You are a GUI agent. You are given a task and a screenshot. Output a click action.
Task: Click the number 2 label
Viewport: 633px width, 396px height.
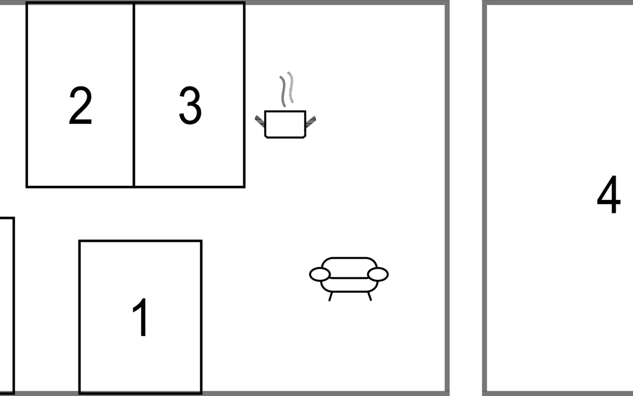80,106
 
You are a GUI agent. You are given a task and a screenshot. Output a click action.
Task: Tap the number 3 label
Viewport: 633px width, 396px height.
190,106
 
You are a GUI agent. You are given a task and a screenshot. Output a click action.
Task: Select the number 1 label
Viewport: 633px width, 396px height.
140,317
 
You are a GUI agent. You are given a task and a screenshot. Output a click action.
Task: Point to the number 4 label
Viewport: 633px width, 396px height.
609,194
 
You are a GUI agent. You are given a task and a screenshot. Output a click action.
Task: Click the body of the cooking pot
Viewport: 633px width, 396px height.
285,124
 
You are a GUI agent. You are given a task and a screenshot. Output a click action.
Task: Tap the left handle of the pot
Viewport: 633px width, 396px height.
260,121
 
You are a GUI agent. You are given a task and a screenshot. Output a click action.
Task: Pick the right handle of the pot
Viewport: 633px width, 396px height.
311,121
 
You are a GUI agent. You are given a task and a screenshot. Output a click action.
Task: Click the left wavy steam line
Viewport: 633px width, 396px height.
283,91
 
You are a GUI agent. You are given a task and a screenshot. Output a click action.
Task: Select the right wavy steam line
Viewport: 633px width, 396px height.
290,87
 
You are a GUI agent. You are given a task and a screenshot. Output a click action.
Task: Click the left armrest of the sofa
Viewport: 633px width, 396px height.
319,275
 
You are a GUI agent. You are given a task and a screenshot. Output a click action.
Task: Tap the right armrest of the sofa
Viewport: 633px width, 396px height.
378,274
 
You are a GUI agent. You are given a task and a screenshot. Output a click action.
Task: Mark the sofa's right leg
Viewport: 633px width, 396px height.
370,296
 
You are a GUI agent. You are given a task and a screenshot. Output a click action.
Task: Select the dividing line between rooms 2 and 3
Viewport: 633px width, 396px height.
134,95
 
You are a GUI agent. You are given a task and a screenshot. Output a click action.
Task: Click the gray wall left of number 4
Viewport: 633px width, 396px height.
485,198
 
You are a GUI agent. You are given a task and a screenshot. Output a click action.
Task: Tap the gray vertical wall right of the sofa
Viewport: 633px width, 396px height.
447,198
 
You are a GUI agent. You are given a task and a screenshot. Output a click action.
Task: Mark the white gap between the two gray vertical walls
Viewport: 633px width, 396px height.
466,198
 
